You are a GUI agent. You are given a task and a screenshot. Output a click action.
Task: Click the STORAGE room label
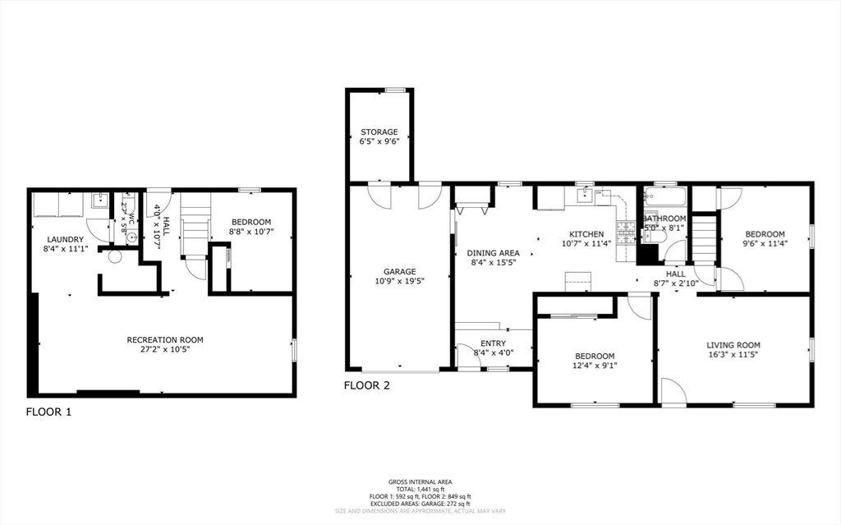(x=379, y=131)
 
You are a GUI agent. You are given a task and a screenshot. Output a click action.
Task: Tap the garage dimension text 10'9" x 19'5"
(x=400, y=281)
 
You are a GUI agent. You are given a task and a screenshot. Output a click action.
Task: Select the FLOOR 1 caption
(x=48, y=412)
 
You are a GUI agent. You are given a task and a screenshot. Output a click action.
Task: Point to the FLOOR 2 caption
(x=366, y=385)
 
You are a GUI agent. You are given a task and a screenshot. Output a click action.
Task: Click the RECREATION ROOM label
(x=164, y=339)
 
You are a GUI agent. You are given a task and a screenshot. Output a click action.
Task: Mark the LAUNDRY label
(x=65, y=239)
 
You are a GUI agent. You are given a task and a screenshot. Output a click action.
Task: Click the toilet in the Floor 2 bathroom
(x=657, y=237)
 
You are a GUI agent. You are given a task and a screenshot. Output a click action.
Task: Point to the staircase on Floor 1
(x=195, y=226)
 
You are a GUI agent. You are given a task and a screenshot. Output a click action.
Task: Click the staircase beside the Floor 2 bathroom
(x=702, y=237)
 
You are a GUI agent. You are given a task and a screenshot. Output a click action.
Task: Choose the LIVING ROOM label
(x=733, y=345)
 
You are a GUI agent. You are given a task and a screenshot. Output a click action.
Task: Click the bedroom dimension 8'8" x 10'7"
(x=250, y=233)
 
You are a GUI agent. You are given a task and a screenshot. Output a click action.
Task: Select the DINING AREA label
(x=493, y=253)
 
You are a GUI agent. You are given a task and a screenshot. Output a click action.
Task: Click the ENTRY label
(x=493, y=343)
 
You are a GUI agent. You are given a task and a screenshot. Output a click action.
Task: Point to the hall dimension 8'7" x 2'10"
(x=676, y=283)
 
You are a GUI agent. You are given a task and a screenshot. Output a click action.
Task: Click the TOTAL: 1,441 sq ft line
(x=420, y=489)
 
